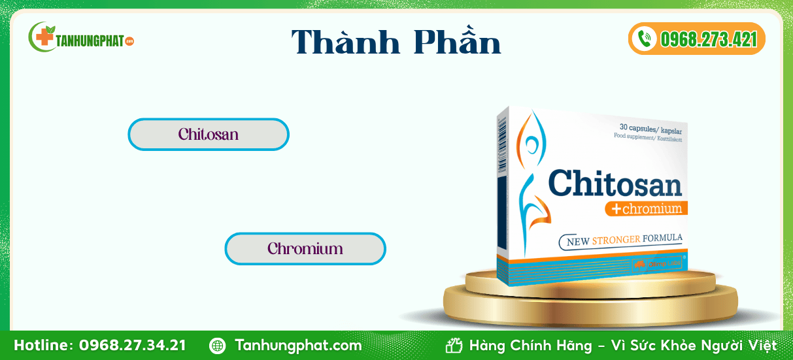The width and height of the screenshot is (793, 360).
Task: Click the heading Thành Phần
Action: [x=396, y=41]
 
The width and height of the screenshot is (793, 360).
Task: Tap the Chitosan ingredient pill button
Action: [x=209, y=135]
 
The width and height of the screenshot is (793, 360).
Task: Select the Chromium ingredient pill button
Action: [x=305, y=249]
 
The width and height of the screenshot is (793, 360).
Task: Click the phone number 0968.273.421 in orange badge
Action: [x=709, y=39]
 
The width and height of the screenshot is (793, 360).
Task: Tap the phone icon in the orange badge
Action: [x=645, y=39]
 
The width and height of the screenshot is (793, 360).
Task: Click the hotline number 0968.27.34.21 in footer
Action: [x=132, y=345]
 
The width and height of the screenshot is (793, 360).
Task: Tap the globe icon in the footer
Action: [x=218, y=345]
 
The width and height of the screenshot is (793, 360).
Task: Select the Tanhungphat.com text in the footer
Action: [x=298, y=345]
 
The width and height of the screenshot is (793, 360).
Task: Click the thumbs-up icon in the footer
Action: [x=454, y=345]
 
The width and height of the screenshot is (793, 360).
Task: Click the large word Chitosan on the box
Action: [x=615, y=183]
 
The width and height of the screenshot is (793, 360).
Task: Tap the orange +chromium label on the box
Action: [x=646, y=209]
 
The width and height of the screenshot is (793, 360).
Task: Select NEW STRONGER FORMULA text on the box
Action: [x=624, y=240]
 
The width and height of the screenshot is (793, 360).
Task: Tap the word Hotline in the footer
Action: [x=43, y=345]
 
